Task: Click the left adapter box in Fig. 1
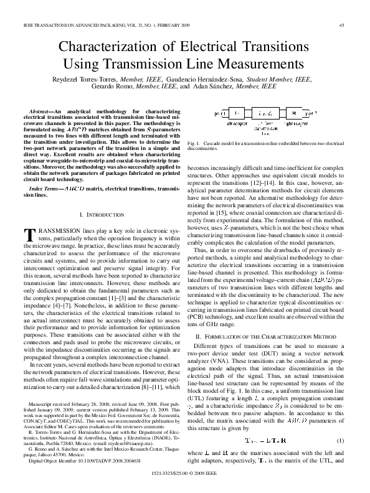tap(237, 115)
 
